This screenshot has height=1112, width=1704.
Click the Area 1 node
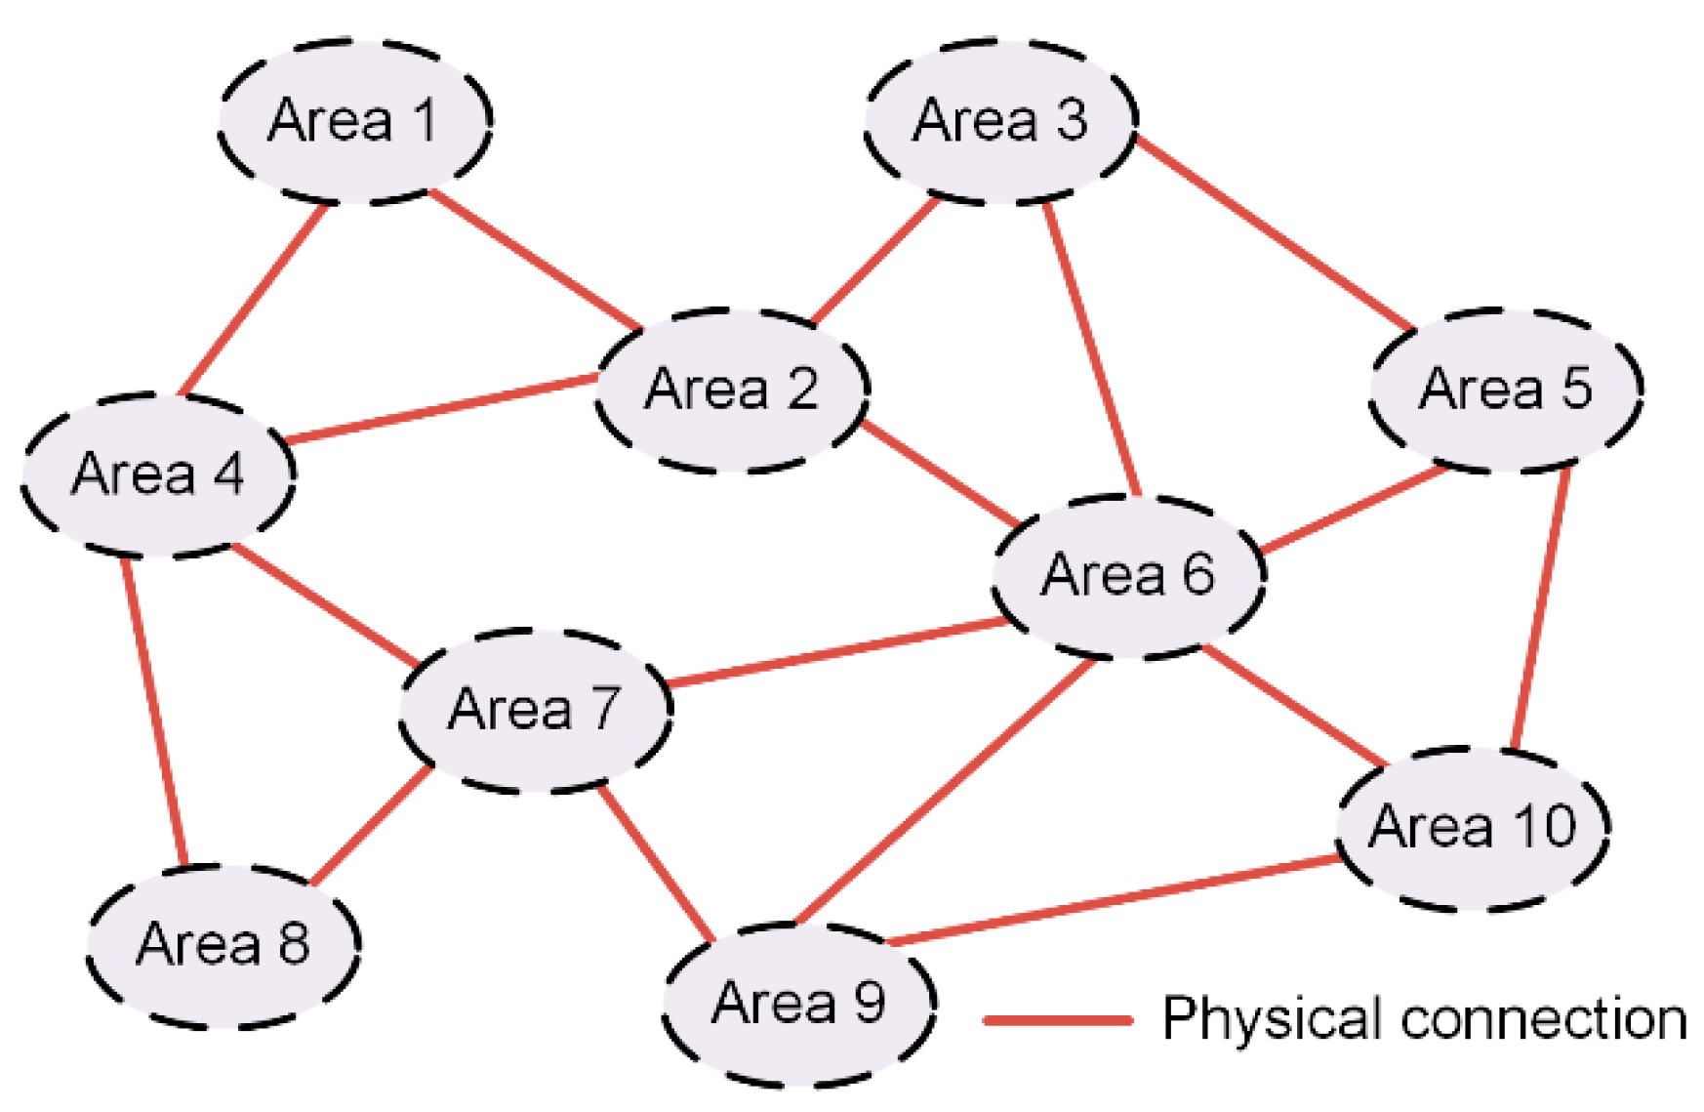pyautogui.click(x=353, y=121)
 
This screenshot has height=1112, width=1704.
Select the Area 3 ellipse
pyautogui.click(x=1000, y=121)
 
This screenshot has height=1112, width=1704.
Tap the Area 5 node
pyautogui.click(x=1506, y=389)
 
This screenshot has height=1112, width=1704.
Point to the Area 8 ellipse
pyautogui.click(x=223, y=944)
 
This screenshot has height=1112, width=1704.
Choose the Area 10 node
pyautogui.click(x=1473, y=827)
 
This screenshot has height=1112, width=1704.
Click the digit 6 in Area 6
pyautogui.click(x=1198, y=574)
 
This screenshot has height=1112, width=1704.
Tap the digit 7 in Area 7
pyautogui.click(x=605, y=708)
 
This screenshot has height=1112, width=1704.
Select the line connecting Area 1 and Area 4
pyautogui.click(x=254, y=299)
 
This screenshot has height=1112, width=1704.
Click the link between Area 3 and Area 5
pyautogui.click(x=1276, y=233)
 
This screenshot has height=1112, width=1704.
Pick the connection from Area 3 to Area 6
pyautogui.click(x=1092, y=350)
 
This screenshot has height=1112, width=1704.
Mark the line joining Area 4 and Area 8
pyautogui.click(x=153, y=711)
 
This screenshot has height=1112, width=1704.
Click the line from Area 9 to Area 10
pyautogui.click(x=1113, y=901)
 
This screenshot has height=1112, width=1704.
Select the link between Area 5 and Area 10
pyautogui.click(x=1540, y=608)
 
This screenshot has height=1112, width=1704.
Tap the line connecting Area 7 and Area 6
pyautogui.click(x=839, y=650)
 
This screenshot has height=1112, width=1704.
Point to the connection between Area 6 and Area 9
pyautogui.click(x=947, y=791)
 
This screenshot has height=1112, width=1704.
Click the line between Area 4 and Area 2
pyautogui.click(x=443, y=407)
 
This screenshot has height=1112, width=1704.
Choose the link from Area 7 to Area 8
pyautogui.click(x=372, y=825)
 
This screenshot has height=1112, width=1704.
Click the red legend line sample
pyautogui.click(x=1057, y=1020)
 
